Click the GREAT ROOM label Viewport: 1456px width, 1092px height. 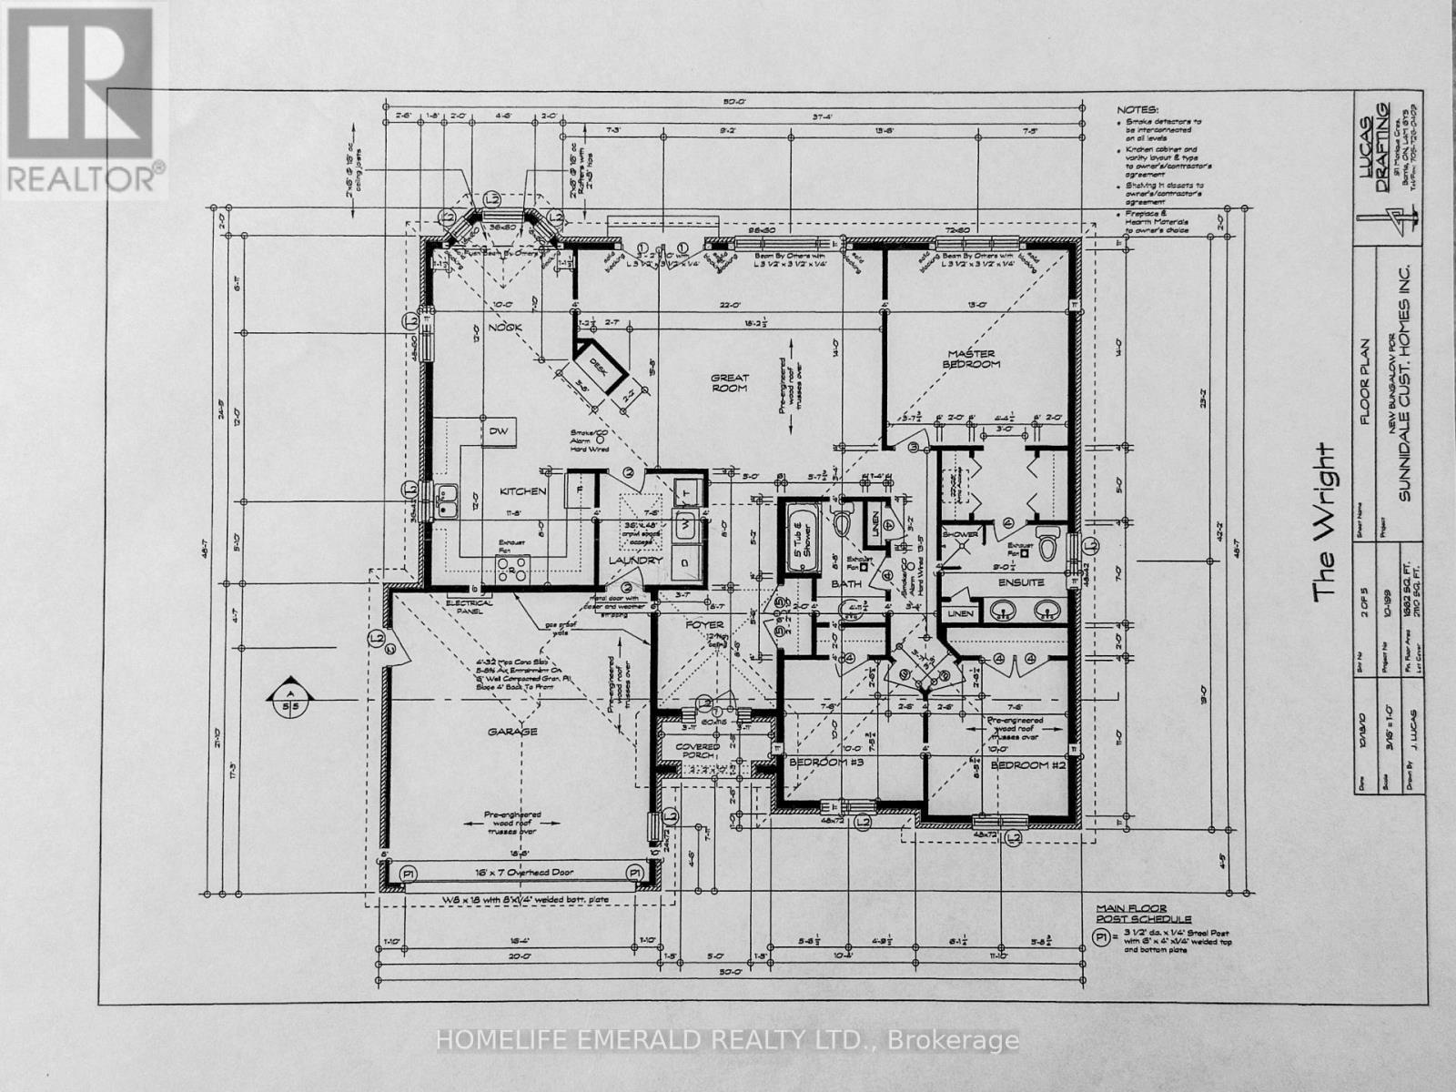pyautogui.click(x=730, y=382)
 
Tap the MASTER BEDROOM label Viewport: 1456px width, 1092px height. pyautogui.click(x=972, y=359)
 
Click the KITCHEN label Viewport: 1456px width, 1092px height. pyautogui.click(x=522, y=491)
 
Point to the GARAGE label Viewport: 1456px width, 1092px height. pyautogui.click(x=511, y=731)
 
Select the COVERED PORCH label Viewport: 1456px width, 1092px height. pyautogui.click(x=697, y=752)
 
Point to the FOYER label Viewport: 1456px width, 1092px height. pyautogui.click(x=704, y=624)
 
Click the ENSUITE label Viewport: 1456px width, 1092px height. pyautogui.click(x=1020, y=581)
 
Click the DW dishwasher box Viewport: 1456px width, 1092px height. pyautogui.click(x=498, y=430)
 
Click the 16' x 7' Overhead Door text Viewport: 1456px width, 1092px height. pyautogui.click(x=512, y=872)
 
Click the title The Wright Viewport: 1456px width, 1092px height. pyautogui.click(x=1324, y=522)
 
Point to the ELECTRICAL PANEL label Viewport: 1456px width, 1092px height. pyautogui.click(x=470, y=606)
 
